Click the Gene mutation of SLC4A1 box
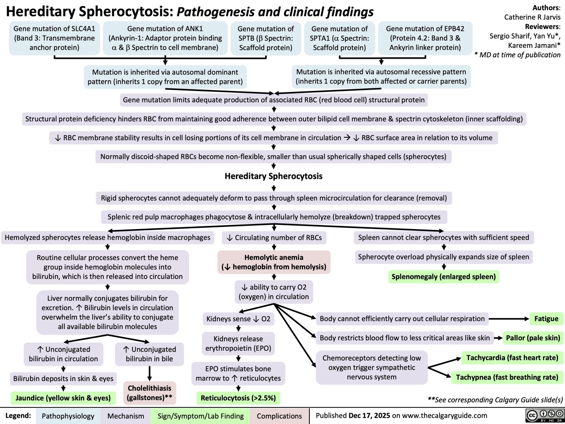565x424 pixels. coord(54,38)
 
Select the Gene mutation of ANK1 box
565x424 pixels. coord(165,38)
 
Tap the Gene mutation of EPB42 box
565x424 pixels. coord(425,38)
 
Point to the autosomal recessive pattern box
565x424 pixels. coord(381,77)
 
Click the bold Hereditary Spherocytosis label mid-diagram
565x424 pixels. coord(273,176)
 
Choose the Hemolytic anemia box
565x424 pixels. coord(274,262)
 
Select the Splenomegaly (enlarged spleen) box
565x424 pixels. coord(444,277)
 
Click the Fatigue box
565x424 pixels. coord(546,319)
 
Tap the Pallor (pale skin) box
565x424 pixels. coord(533,338)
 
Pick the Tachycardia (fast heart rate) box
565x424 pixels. coord(512,358)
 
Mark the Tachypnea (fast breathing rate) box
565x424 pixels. coord(507,377)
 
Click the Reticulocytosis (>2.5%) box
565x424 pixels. coord(238,398)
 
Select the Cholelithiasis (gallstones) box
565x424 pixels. coord(149,393)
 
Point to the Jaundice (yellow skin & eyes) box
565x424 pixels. coord(63,398)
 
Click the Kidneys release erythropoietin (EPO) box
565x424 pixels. coord(238,343)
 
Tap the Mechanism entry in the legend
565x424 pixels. coord(125,416)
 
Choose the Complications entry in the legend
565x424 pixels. coord(279,416)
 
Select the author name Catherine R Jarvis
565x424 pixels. coord(532,17)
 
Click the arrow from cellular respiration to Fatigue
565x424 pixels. coord(509,319)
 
